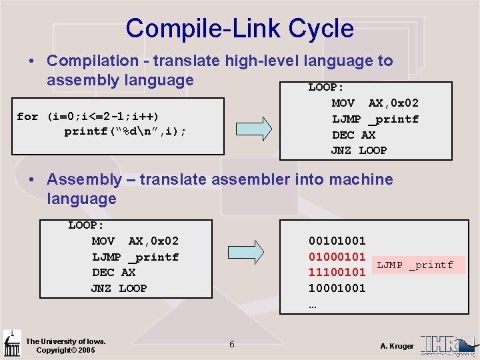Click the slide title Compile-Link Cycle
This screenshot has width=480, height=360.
(239, 29)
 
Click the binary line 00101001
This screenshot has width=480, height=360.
(337, 241)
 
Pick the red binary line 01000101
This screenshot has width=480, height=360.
(337, 257)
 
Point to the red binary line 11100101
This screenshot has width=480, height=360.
(337, 272)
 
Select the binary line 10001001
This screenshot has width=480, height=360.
(337, 288)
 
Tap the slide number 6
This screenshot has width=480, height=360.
(231, 344)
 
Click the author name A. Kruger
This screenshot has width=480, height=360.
(397, 346)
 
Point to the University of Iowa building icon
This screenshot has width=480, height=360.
(11, 343)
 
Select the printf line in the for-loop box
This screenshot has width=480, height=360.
(125, 131)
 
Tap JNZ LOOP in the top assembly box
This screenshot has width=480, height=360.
(359, 151)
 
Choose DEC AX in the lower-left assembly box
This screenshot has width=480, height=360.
(114, 273)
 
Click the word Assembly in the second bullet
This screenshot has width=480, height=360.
(85, 179)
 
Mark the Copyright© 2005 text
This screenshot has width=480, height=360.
(65, 350)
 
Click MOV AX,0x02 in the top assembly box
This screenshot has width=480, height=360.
(375, 103)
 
